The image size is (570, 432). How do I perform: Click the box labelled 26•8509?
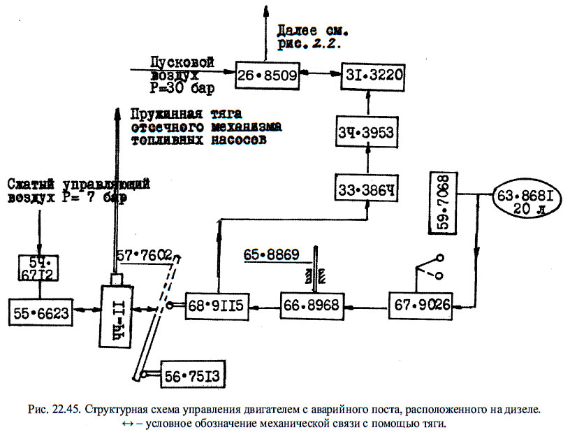pyautogui.click(x=266, y=74)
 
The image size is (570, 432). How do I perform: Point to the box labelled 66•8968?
pyautogui.click(x=312, y=306)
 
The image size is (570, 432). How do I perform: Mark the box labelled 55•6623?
pyautogui.click(x=41, y=313)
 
